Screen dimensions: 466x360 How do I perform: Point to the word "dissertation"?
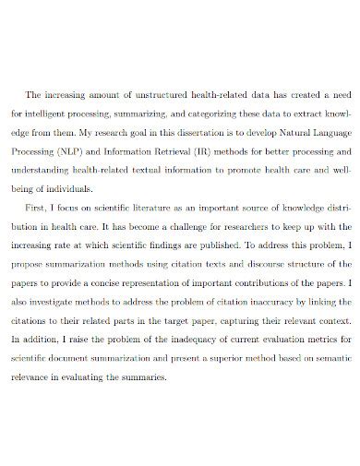tap(152, 132)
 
